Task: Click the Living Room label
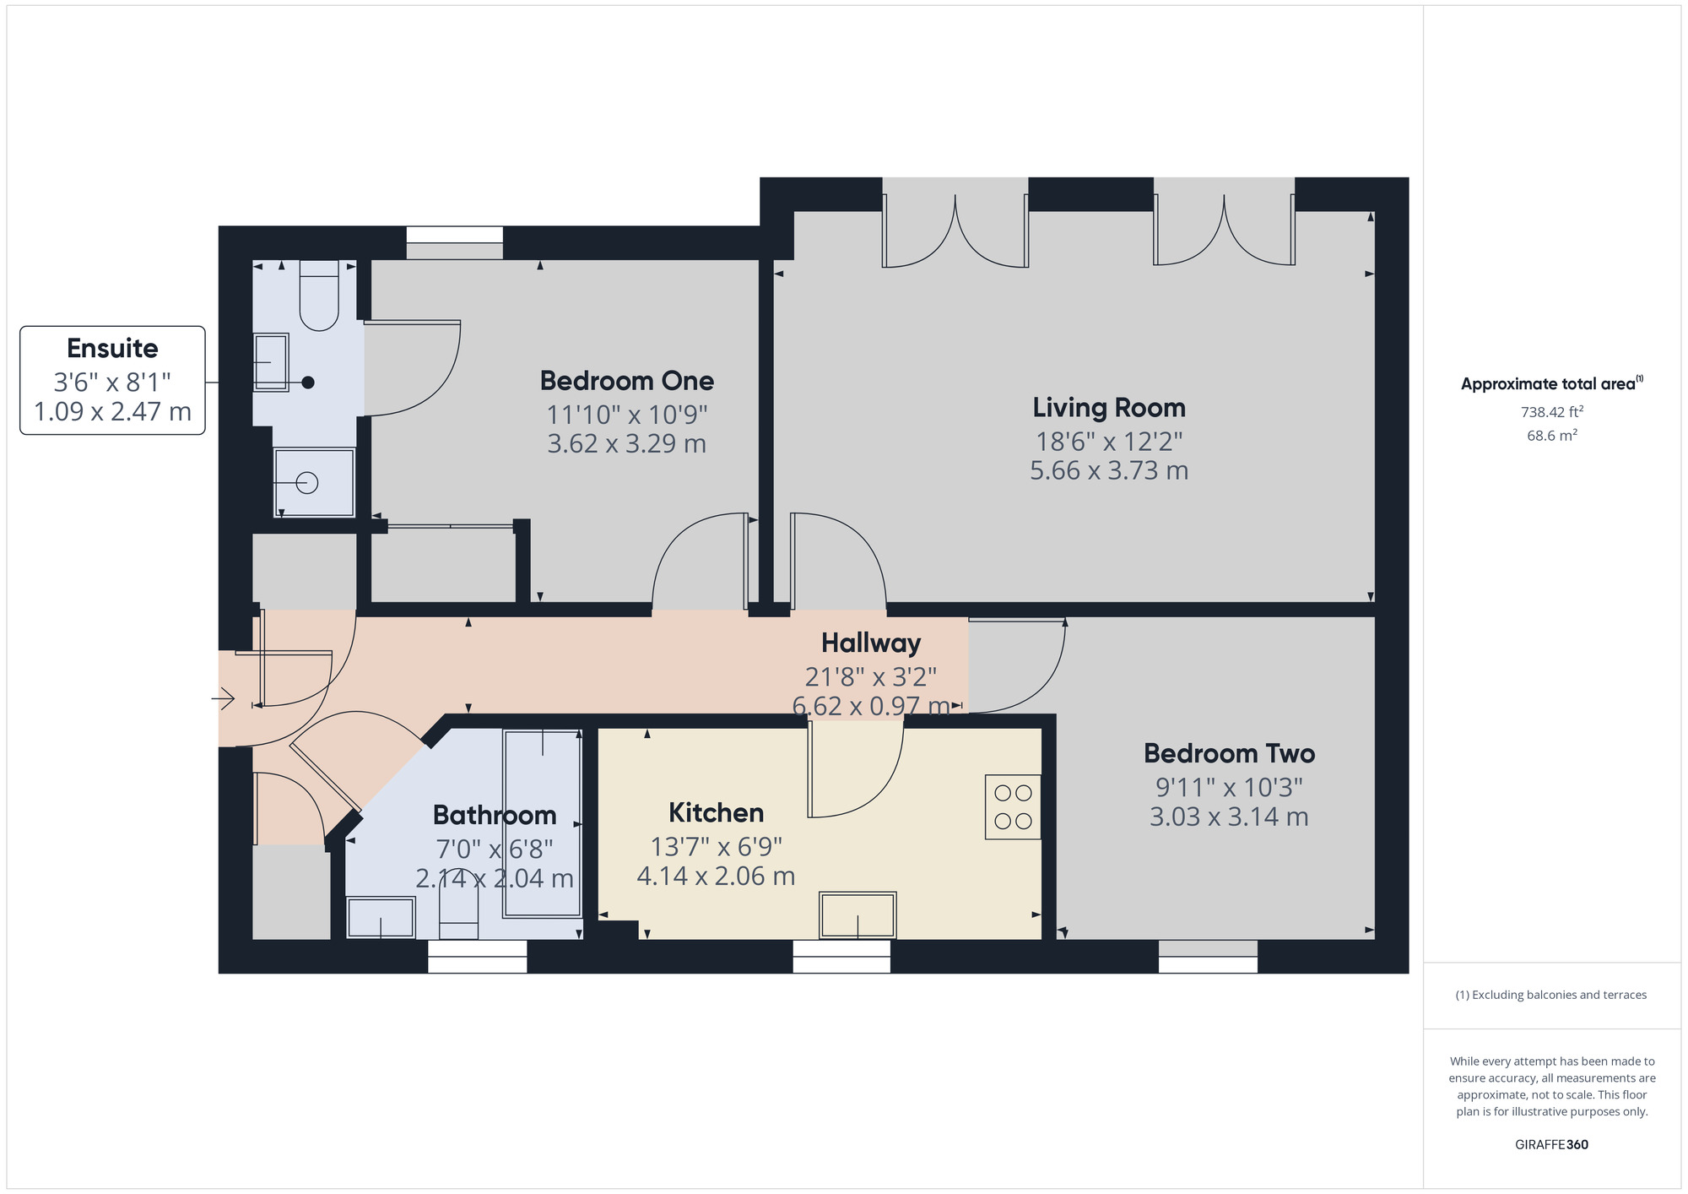click(x=1109, y=408)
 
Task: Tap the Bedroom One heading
click(x=627, y=381)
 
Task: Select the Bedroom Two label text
click(x=1229, y=753)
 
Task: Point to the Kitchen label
click(x=716, y=812)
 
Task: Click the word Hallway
click(x=871, y=643)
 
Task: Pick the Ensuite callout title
click(x=112, y=348)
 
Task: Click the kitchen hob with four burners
click(x=1013, y=806)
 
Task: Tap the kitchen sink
click(x=858, y=915)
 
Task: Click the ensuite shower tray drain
click(x=307, y=483)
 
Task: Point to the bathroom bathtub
click(x=542, y=823)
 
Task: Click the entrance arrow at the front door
click(x=223, y=699)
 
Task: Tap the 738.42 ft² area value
click(x=1551, y=412)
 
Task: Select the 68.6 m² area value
click(x=1551, y=436)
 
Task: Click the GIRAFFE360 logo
click(x=1551, y=1145)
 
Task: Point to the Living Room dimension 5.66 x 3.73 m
click(x=1109, y=470)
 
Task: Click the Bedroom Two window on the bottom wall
click(x=1208, y=957)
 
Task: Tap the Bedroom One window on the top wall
click(x=455, y=242)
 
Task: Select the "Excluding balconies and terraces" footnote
click(x=1551, y=995)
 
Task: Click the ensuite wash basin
click(x=271, y=362)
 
